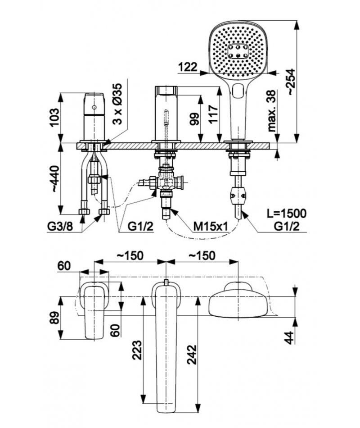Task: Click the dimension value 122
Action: point(188,67)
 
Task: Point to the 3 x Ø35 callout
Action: point(117,104)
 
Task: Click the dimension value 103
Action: point(54,118)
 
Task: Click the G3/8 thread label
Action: point(60,226)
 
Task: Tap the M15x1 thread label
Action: point(210,226)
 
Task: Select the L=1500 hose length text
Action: point(286,214)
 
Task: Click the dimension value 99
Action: point(194,118)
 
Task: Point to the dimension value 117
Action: point(214,114)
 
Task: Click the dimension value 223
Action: point(137,350)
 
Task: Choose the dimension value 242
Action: point(192,355)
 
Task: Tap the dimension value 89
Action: point(54,318)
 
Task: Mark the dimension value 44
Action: point(290,337)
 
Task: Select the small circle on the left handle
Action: point(94,107)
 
